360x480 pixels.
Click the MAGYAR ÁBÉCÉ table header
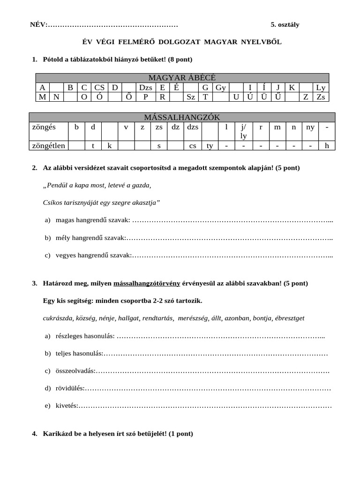point(182,78)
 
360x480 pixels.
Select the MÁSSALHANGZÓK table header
point(182,117)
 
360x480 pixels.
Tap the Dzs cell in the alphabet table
point(145,88)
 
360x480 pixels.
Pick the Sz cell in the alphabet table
point(191,97)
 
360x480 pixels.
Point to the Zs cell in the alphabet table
point(321,97)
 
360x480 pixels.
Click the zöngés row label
point(43,127)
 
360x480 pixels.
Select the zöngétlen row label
point(48,145)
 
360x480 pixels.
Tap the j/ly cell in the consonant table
point(243,131)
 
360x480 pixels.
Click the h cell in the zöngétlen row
point(327,145)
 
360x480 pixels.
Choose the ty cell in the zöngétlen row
point(210,145)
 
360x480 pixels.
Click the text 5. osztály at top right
point(285,25)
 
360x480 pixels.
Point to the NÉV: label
point(38,25)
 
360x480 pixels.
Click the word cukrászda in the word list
point(58,318)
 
